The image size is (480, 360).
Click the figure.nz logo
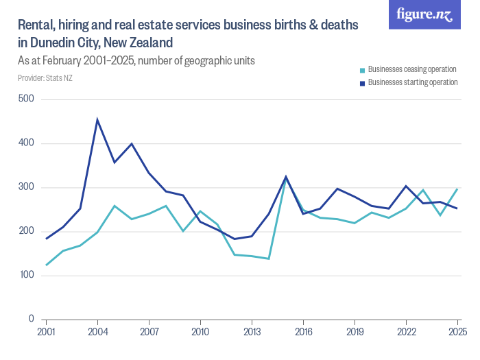click(424, 14)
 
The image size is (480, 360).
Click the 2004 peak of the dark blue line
click(97, 120)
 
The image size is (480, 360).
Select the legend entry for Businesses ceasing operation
click(411, 69)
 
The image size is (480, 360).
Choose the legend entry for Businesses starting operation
click(412, 82)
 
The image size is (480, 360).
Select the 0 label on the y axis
click(31, 319)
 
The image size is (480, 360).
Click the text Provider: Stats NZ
click(45, 78)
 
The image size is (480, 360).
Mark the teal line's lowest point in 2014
click(269, 259)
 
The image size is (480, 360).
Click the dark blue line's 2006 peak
click(132, 144)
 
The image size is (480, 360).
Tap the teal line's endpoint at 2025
click(457, 189)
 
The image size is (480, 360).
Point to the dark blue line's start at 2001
click(46, 239)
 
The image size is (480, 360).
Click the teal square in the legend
click(362, 70)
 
